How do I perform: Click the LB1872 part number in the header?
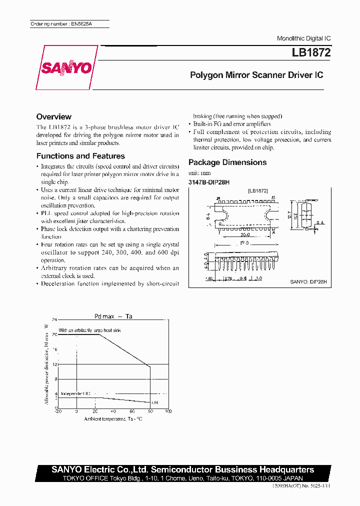pyautogui.click(x=311, y=52)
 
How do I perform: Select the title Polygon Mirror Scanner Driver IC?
pyautogui.click(x=256, y=75)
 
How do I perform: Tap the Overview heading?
pyautogui.click(x=54, y=116)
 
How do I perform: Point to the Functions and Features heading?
pyautogui.click(x=80, y=156)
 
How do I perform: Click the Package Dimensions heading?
pyautogui.click(x=227, y=162)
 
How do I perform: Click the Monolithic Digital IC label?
pyautogui.click(x=303, y=38)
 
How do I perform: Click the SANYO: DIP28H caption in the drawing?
pyautogui.click(x=308, y=282)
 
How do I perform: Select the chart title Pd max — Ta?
pyautogui.click(x=113, y=316)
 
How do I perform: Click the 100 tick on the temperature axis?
pyautogui.click(x=168, y=411)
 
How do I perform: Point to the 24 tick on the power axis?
pyautogui.click(x=55, y=318)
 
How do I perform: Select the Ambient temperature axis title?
pyautogui.click(x=113, y=418)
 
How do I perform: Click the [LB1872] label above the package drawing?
pyautogui.click(x=258, y=191)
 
